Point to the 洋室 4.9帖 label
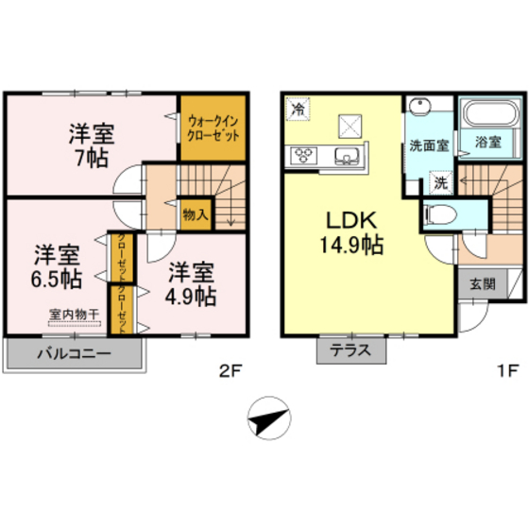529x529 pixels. (192, 284)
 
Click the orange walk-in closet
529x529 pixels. (213, 128)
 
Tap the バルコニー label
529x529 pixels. (75, 355)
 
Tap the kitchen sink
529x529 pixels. (347, 156)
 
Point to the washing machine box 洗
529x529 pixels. (439, 180)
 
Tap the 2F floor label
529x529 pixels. (230, 370)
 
